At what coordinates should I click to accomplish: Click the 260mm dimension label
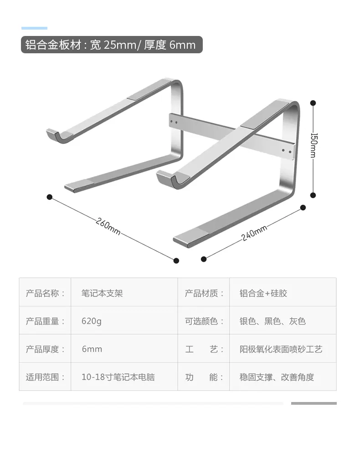pos(108,226)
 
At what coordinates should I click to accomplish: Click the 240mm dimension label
pos(254,233)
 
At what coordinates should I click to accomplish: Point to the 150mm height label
pos(313,145)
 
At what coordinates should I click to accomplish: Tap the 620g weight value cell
pos(92,321)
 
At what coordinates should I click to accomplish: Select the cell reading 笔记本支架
pos(102,293)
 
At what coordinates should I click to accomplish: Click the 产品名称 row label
pos(45,293)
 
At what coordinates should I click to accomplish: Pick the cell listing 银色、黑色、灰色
pos(273,321)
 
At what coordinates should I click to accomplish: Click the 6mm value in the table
pos(92,349)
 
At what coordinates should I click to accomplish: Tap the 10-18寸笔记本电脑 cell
pos(118,377)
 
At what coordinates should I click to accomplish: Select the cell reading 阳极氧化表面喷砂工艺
pos(281,349)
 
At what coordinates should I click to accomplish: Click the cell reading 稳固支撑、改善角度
pos(277,377)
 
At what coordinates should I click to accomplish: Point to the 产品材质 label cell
pos(204,293)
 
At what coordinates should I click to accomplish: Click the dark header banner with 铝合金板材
pos(112,45)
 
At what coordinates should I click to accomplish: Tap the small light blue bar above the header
pos(34,28)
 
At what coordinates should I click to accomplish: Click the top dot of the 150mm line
pos(313,102)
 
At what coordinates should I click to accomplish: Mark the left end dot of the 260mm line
pos(49,197)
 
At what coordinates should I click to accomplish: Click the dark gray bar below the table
pos(314,403)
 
